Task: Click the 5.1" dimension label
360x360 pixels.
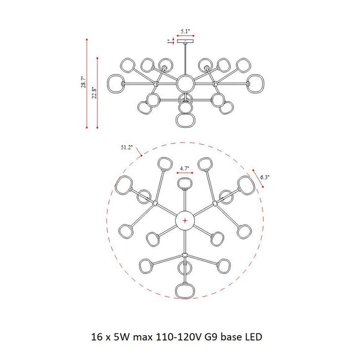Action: [186, 32]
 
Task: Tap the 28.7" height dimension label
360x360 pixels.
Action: [84, 82]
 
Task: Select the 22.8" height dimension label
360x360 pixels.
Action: [94, 92]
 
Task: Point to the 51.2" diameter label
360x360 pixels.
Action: [127, 147]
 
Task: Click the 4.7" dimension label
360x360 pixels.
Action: [184, 168]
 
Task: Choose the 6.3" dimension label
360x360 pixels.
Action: [265, 178]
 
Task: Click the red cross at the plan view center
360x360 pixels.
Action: [185, 221]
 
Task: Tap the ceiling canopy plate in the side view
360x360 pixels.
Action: [186, 42]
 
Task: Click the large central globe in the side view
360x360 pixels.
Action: [186, 84]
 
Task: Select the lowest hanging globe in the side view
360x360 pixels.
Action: [186, 120]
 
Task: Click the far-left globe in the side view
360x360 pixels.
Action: [116, 84]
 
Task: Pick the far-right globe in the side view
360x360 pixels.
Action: [256, 84]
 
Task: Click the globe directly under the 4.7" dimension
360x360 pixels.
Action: [185, 184]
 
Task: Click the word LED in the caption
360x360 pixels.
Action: [254, 337]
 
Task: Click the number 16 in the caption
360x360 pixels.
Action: [96, 337]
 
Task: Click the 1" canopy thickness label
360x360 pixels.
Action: [169, 42]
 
